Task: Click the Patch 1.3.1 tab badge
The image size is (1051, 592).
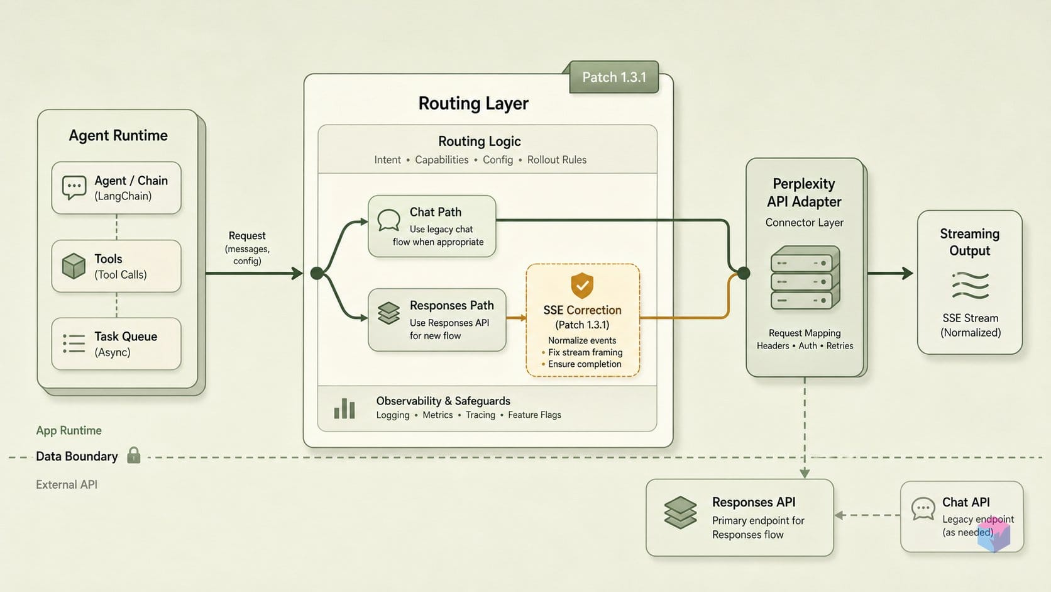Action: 614,77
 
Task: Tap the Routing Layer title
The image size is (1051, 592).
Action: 473,103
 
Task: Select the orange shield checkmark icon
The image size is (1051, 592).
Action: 582,286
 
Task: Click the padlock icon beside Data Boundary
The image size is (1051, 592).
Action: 134,455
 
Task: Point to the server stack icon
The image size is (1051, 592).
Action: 805,277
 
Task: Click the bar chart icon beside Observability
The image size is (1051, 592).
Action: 344,408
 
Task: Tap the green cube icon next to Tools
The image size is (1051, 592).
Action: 74,266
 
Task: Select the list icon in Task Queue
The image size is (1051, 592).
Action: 74,343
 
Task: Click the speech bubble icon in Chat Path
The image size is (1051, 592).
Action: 389,220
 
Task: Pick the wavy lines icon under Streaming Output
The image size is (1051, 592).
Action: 971,286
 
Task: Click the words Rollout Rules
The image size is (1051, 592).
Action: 556,160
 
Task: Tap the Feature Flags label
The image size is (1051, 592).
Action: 534,415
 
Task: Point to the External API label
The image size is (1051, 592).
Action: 67,484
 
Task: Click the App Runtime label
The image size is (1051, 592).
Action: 69,430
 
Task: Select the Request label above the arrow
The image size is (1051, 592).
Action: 247,236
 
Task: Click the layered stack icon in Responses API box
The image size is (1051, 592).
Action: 680,513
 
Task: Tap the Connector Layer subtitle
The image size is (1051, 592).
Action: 804,223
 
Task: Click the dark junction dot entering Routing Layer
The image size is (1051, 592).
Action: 317,273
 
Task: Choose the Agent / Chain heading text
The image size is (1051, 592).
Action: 131,181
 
